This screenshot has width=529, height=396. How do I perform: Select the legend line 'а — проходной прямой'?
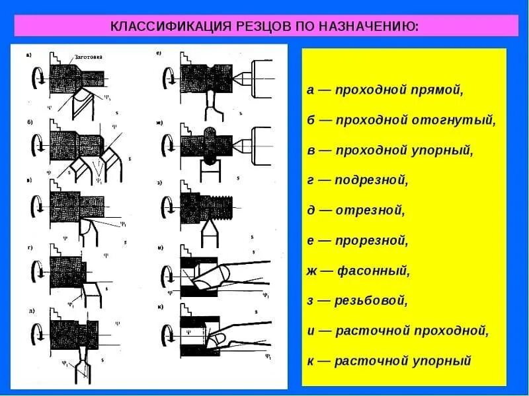(x=386, y=90)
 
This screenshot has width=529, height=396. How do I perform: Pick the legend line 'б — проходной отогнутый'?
(x=401, y=120)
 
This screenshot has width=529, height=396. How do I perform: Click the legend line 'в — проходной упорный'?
(x=390, y=150)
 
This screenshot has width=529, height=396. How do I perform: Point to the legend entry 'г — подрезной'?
(x=358, y=180)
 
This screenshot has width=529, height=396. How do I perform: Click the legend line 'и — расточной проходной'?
(x=397, y=331)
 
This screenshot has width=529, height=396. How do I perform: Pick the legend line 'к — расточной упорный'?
(x=389, y=361)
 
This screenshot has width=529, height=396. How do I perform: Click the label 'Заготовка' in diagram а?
(x=87, y=57)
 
